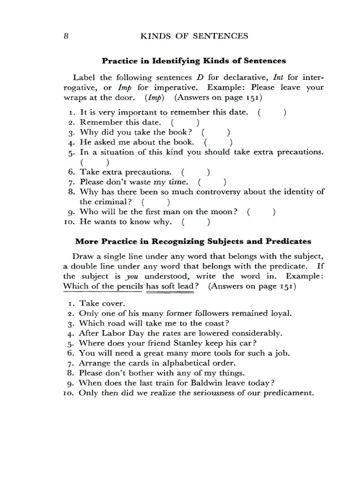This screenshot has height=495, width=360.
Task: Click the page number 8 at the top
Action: pyautogui.click(x=65, y=36)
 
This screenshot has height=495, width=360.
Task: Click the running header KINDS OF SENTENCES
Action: pyautogui.click(x=194, y=36)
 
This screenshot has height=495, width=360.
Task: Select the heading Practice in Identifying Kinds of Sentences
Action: pyautogui.click(x=194, y=61)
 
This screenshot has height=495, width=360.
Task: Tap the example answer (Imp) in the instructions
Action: pyautogui.click(x=154, y=97)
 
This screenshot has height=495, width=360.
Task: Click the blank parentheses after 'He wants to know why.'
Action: pyautogui.click(x=195, y=222)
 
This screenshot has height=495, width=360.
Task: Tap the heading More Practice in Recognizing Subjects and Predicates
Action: pyautogui.click(x=193, y=242)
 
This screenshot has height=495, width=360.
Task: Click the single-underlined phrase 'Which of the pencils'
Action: pyautogui.click(x=103, y=286)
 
